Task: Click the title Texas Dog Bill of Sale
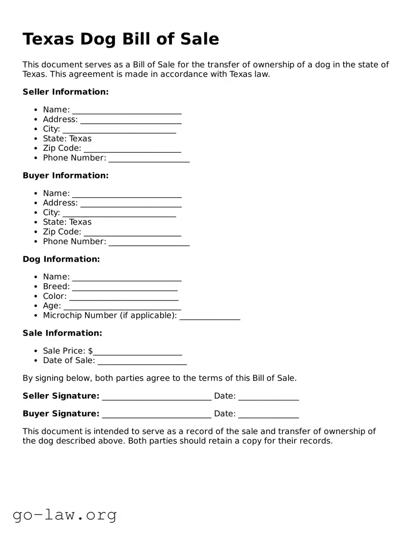(x=121, y=39)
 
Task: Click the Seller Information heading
(x=66, y=92)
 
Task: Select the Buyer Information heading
(x=66, y=176)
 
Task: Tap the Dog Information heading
(x=61, y=259)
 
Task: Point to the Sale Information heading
(x=62, y=333)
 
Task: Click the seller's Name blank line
(x=126, y=111)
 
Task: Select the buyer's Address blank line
(x=131, y=204)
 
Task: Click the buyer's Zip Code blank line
(x=132, y=233)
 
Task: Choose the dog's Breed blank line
(x=125, y=287)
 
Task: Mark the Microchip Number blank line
(x=210, y=317)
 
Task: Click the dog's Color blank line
(x=124, y=297)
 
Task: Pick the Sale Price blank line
(x=138, y=352)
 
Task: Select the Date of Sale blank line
(x=142, y=362)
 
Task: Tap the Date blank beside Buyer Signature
(x=269, y=415)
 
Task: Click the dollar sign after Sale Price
(x=90, y=351)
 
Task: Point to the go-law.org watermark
(x=65, y=515)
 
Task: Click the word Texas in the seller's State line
(x=80, y=139)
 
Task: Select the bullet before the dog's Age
(x=36, y=306)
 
